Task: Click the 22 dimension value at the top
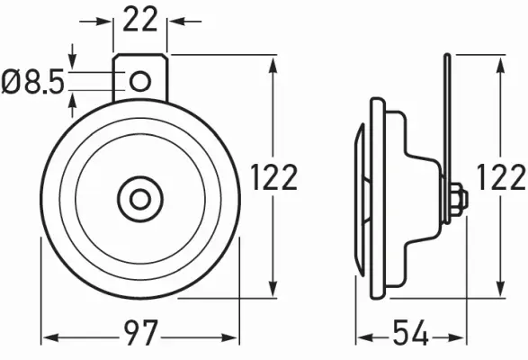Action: [140, 19]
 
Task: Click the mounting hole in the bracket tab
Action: [140, 82]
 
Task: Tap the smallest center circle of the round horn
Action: [140, 196]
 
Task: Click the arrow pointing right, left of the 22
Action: [104, 19]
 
